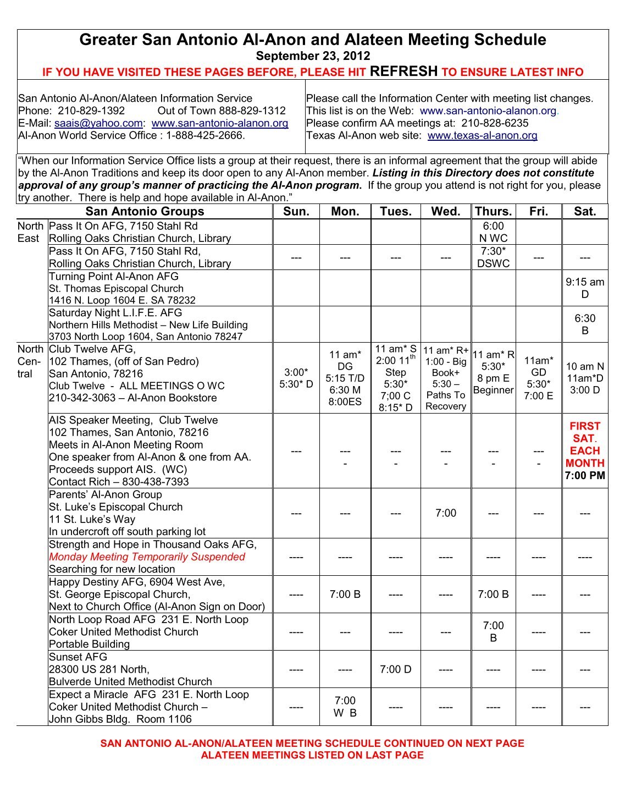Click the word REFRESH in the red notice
click(403, 71)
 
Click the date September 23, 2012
click(313, 56)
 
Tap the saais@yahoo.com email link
click(98, 123)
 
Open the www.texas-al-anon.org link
click(482, 135)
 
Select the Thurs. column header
click(493, 212)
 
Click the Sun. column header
click(296, 212)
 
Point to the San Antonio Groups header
click(145, 212)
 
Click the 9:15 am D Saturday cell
click(585, 288)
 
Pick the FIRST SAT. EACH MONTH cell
click(585, 450)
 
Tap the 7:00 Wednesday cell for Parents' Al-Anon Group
click(445, 513)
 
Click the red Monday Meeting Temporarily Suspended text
click(147, 557)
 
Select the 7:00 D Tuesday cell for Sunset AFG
click(395, 669)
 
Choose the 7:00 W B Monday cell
click(345, 707)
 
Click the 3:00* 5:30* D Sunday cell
click(296, 378)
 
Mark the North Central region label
click(30, 361)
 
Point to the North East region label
click(30, 232)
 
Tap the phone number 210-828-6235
click(495, 123)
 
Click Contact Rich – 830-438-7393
click(119, 482)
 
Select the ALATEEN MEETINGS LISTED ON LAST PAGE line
click(312, 756)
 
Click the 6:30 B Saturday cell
click(585, 324)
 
